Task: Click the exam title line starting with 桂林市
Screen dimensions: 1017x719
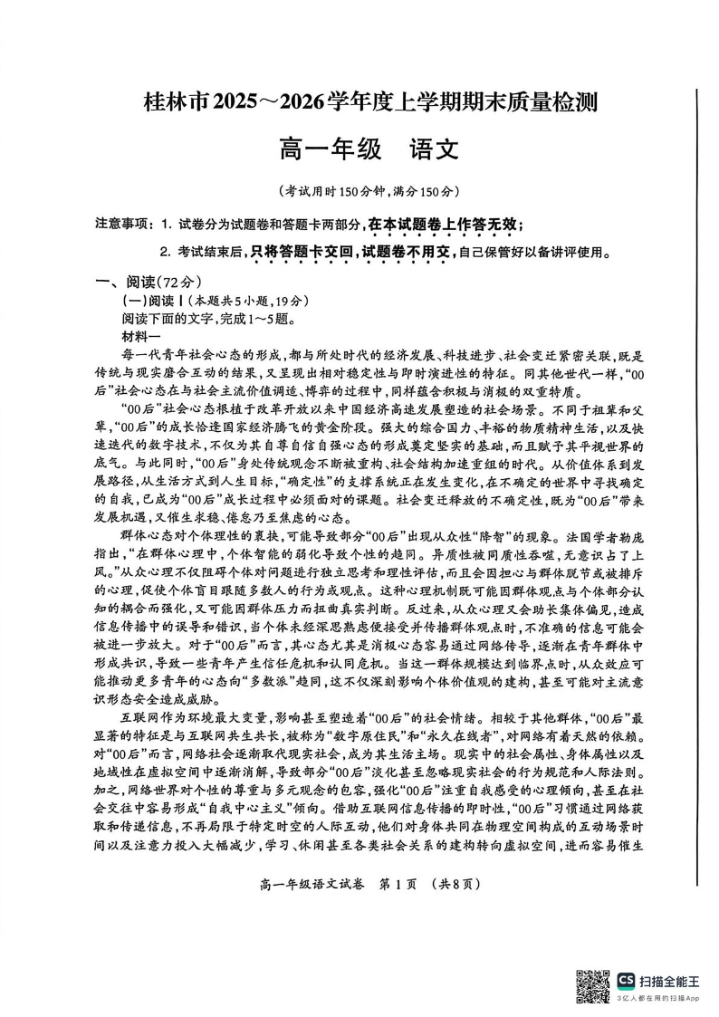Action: pyautogui.click(x=359, y=105)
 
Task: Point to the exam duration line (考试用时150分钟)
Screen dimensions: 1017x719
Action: pyautogui.click(x=359, y=191)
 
